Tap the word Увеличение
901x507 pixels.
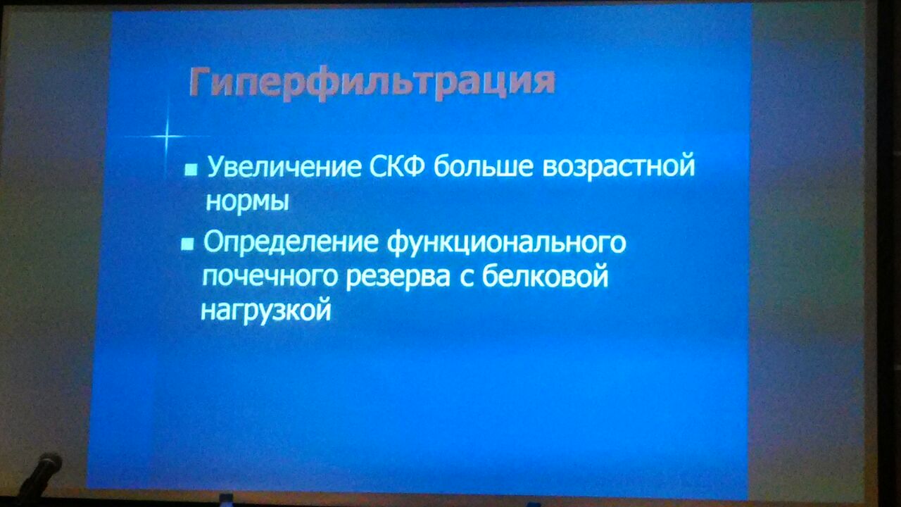pyautogui.click(x=284, y=167)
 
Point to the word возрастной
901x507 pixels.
pyautogui.click(x=618, y=168)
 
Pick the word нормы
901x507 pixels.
pyautogui.click(x=247, y=201)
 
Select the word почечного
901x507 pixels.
pyautogui.click(x=270, y=277)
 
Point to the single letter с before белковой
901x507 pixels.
pyautogui.click(x=466, y=278)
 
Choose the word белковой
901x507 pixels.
pyautogui.click(x=545, y=275)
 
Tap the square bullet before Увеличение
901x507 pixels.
pyautogui.click(x=191, y=170)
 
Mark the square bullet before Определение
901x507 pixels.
pyautogui.click(x=187, y=244)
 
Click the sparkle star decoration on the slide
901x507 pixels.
pyautogui.click(x=167, y=137)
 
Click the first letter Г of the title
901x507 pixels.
pyautogui.click(x=201, y=82)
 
